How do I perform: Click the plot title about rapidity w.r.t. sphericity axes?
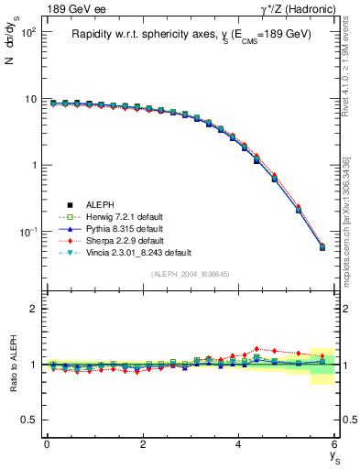(191, 34)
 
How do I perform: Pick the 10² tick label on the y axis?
(27, 32)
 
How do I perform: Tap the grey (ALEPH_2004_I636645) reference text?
(191, 273)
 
